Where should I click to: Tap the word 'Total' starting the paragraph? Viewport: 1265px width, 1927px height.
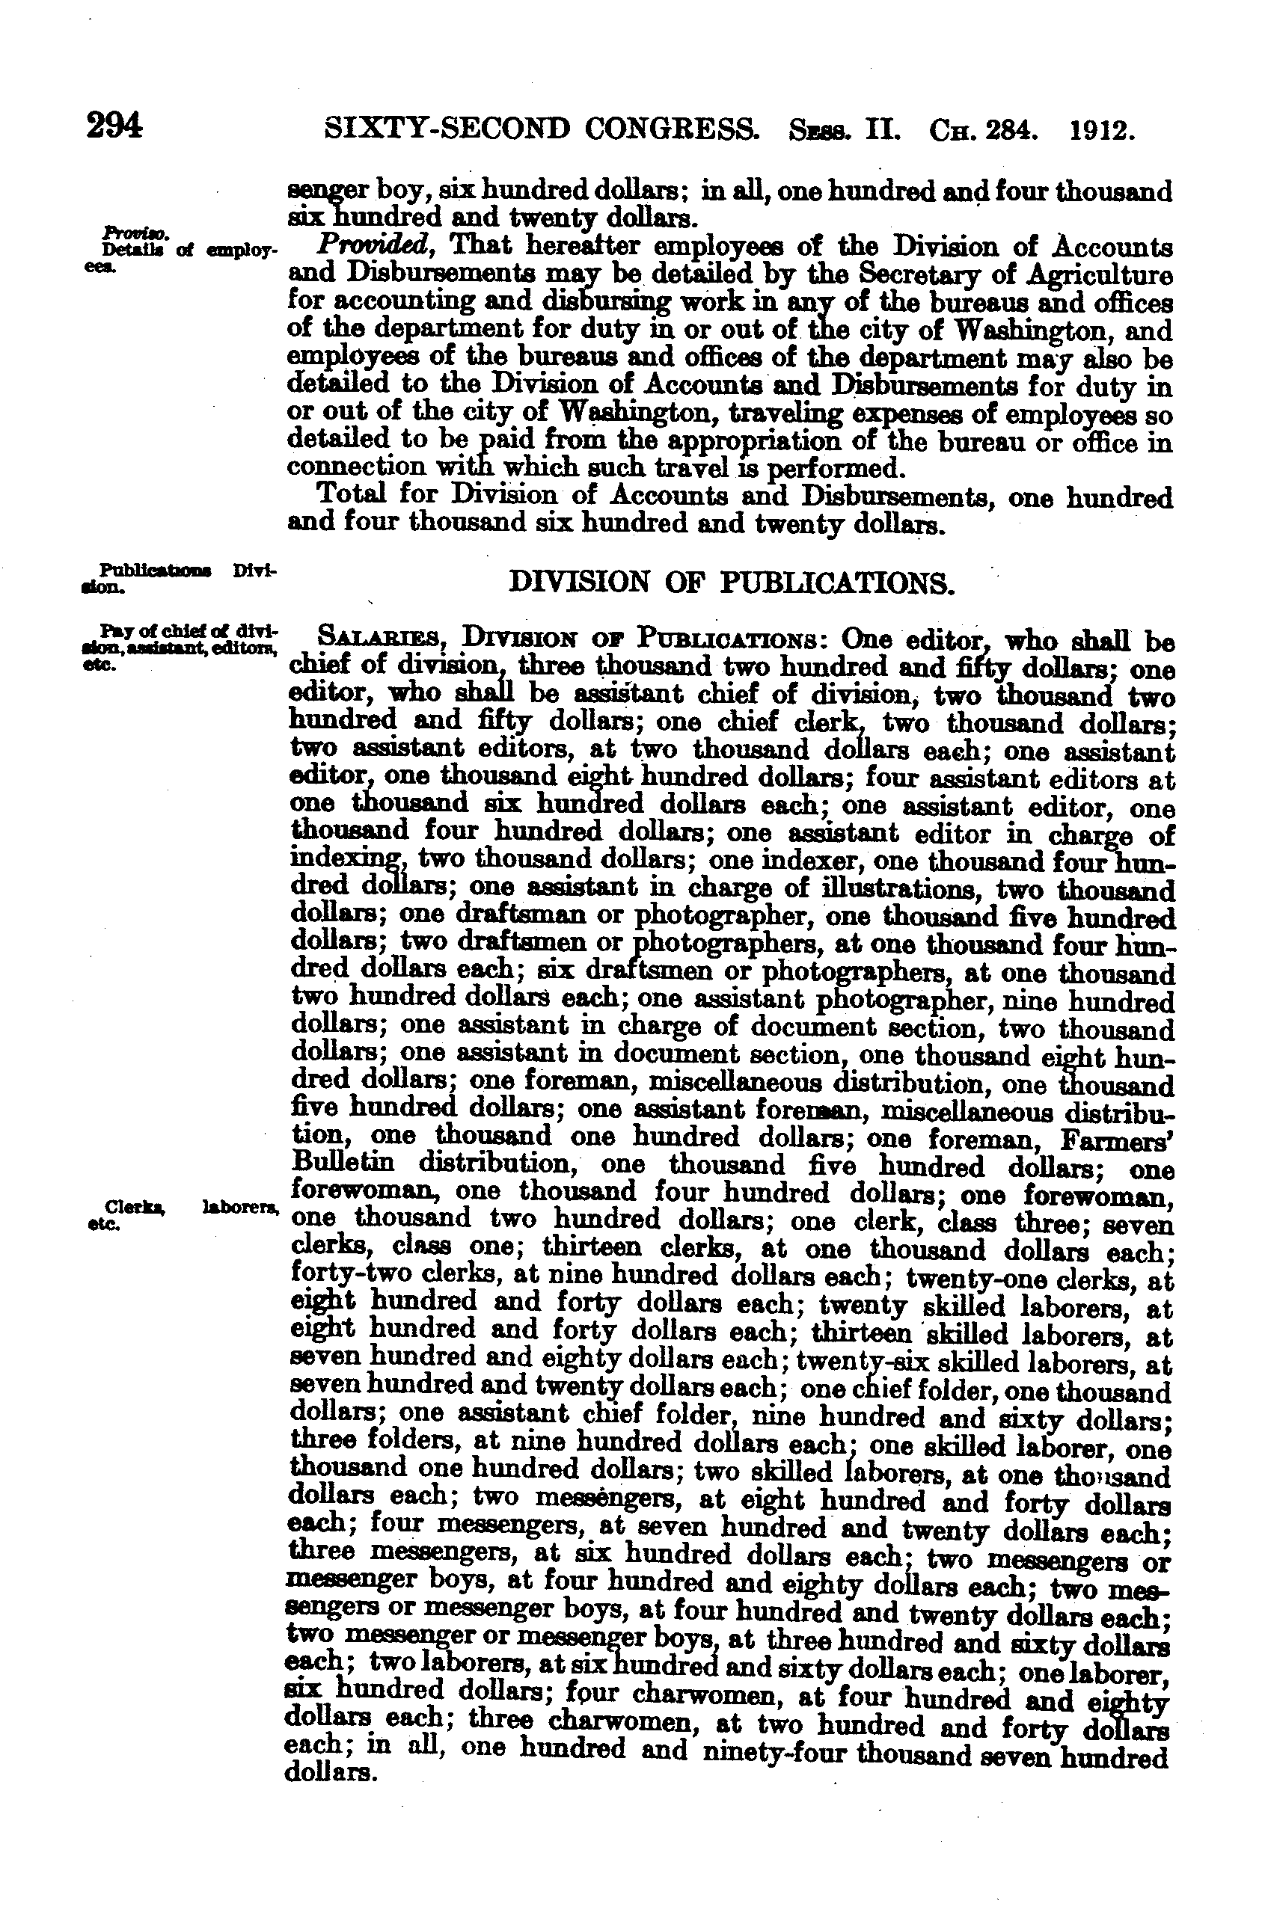(x=351, y=493)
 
